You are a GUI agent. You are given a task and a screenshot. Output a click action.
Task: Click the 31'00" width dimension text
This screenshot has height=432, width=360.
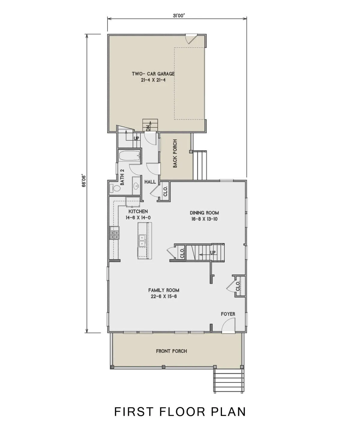point(178,16)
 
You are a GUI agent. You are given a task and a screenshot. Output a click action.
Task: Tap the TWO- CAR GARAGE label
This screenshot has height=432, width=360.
point(153,74)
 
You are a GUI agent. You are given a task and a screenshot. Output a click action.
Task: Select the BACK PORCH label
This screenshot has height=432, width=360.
point(175,153)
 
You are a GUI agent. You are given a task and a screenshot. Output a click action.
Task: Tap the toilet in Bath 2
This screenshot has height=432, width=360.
point(115,188)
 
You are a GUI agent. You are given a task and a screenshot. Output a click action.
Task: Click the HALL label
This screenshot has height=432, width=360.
point(150,182)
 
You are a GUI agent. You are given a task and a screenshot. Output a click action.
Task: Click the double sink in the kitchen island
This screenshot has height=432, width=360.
point(142,241)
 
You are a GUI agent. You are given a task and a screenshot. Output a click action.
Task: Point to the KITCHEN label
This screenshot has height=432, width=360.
point(138,211)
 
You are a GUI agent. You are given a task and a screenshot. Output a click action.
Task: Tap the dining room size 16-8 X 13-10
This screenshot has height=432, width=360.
point(204,219)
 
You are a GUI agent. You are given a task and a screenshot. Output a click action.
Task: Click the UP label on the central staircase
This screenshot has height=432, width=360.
point(213,252)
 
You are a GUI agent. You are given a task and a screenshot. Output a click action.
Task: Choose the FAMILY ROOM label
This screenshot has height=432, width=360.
point(164,290)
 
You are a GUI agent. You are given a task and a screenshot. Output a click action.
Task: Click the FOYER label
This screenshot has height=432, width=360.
point(228,314)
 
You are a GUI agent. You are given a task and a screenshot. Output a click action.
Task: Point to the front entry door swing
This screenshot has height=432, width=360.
point(229,325)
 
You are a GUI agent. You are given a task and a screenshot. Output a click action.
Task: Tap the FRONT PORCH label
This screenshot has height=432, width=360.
point(172,351)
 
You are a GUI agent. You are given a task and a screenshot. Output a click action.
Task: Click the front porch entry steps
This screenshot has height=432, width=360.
point(229,381)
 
